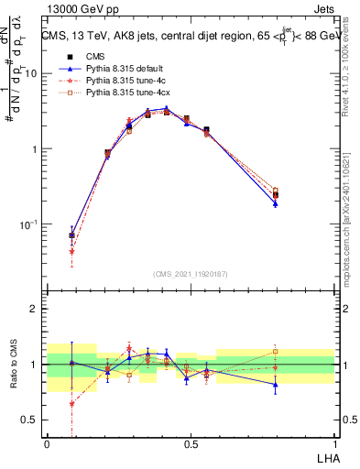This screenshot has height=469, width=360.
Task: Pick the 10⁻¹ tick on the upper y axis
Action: (30, 224)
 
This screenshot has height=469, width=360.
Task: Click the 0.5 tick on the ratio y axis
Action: (32, 420)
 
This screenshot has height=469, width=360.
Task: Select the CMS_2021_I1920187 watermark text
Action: (191, 273)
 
